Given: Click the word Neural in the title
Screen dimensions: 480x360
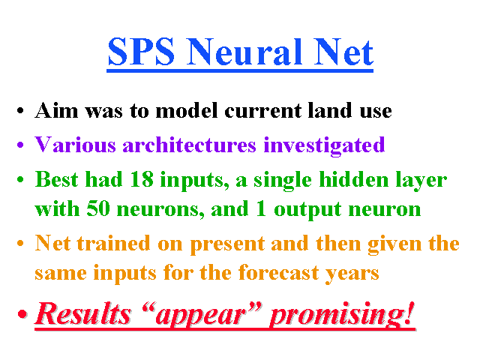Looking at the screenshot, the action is coord(244,52).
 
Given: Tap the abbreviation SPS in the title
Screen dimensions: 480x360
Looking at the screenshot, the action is coord(141,52).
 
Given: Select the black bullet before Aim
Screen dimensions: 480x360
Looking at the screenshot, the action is coord(20,110).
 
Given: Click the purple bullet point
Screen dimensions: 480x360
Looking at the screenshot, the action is coord(20,145).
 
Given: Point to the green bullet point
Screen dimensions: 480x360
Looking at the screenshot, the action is coord(20,179).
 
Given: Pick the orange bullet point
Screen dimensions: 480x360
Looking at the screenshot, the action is coord(20,243).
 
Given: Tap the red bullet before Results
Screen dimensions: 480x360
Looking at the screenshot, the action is coord(22,313).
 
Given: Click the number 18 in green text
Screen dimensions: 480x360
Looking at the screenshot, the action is coord(142,179).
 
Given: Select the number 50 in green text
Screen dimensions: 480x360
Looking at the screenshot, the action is coord(98,208).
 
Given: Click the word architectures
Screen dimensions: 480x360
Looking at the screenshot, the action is coord(189,145).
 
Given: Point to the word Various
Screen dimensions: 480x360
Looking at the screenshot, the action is coord(75,145).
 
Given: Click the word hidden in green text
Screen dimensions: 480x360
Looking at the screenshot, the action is coord(354,179).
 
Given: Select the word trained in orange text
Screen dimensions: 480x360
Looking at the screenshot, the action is coord(113,243).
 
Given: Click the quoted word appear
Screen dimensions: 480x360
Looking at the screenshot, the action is coord(202,315).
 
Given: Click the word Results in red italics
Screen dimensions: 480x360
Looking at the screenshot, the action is coord(83,313).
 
